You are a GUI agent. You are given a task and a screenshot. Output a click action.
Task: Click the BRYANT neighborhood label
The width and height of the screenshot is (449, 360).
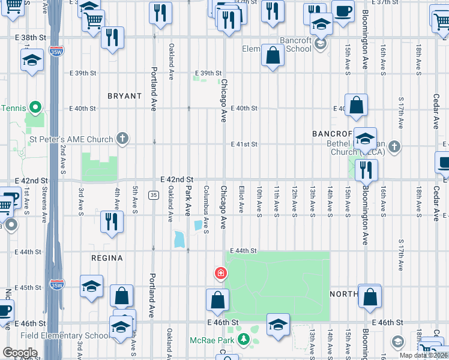(x=124, y=96)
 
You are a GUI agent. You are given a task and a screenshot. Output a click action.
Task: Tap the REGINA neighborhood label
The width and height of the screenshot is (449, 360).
(x=107, y=258)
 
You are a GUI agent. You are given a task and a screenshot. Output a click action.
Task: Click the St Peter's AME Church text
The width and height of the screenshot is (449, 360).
(x=71, y=140)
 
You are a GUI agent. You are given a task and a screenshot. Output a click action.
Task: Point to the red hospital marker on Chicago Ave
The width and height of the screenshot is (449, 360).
(x=221, y=274)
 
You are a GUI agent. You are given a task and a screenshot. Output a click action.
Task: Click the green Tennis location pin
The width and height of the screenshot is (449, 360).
(x=35, y=108)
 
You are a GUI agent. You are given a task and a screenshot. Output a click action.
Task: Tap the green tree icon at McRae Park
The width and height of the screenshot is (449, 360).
(x=244, y=340)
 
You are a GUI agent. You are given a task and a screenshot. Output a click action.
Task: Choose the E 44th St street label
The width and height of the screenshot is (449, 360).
(x=244, y=251)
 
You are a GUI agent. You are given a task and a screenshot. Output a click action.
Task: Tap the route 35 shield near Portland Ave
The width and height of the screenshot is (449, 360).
(x=154, y=195)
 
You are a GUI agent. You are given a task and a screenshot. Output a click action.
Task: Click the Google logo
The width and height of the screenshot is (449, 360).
(x=20, y=353)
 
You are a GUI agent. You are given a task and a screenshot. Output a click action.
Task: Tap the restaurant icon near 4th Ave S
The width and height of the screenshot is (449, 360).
(x=112, y=221)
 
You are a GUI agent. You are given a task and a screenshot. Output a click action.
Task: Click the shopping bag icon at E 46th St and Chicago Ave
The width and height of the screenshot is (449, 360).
(x=217, y=300)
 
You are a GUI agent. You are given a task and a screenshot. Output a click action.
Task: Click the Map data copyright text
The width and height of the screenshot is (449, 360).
(x=423, y=355)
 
